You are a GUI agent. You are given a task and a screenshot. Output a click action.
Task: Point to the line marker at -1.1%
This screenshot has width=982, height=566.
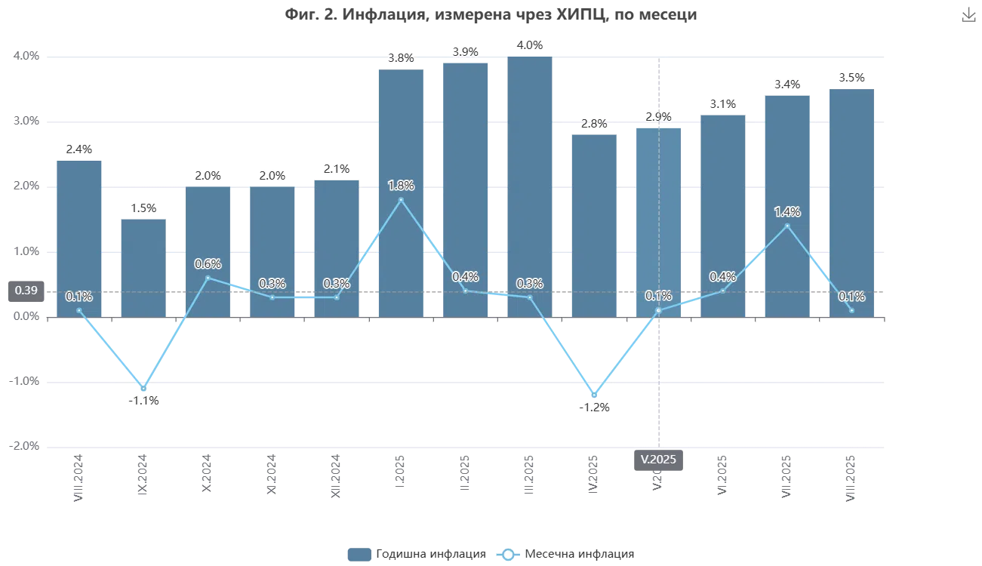point(143,388)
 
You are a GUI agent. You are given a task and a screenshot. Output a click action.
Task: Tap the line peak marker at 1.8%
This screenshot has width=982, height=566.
point(401,200)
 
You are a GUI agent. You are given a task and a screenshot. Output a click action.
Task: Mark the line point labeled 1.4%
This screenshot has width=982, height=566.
point(787,226)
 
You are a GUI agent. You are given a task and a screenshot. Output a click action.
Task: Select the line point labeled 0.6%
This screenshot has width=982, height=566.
point(208,278)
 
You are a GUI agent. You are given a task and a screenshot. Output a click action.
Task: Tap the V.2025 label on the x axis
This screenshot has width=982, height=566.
point(659,459)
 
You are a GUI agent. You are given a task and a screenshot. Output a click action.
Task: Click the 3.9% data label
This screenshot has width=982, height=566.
point(465,51)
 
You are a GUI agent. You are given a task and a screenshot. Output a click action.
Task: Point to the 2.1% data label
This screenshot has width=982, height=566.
point(337,169)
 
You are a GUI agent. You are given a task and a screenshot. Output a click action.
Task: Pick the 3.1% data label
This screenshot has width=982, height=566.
point(722,104)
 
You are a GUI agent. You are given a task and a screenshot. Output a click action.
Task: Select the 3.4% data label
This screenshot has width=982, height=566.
point(787,85)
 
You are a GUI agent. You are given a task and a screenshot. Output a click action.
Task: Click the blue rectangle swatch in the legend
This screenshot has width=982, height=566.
point(359,554)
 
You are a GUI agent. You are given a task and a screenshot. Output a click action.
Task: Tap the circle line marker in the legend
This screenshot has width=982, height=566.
point(509,554)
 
